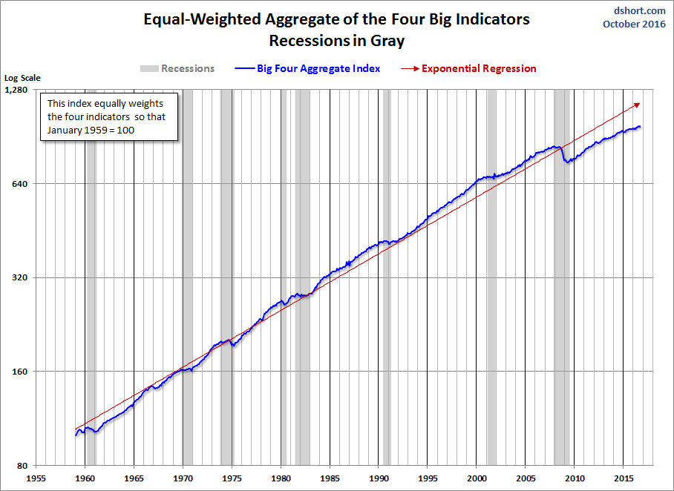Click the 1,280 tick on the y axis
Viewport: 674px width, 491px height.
pos(16,90)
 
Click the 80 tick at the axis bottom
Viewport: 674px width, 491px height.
pos(22,466)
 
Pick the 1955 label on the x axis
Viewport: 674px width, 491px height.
pos(36,478)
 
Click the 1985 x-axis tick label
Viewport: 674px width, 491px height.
pos(330,478)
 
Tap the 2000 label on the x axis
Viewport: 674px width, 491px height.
pos(477,478)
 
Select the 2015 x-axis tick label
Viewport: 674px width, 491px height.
pos(623,478)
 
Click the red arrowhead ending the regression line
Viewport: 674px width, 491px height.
pos(638,105)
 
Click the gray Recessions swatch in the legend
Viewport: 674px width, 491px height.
pos(149,69)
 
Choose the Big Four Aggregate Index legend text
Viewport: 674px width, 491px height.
pos(318,69)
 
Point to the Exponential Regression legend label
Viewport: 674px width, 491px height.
pos(479,69)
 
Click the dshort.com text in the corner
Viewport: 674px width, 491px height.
pos(640,10)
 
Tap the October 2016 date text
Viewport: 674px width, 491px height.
pos(634,24)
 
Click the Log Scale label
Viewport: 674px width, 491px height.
pos(22,78)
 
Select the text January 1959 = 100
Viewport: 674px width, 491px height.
pos(91,130)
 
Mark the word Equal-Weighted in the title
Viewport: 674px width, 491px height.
pos(202,20)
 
